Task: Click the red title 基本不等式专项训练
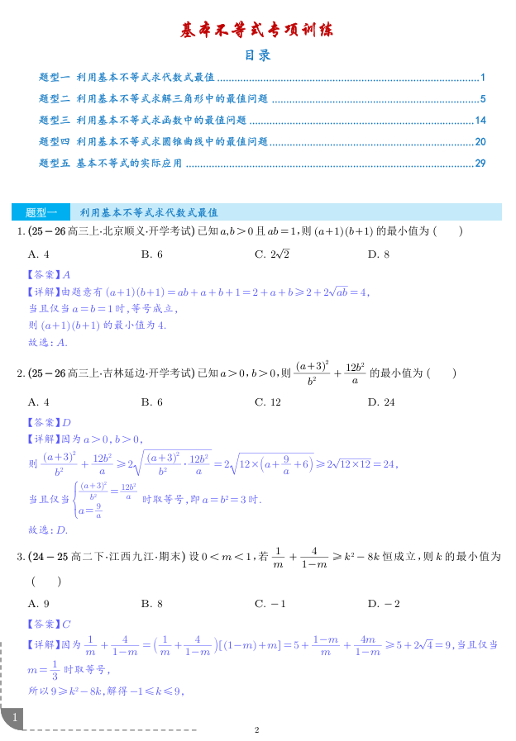[x=257, y=31]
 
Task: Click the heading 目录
[x=257, y=56]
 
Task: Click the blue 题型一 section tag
[x=41, y=212]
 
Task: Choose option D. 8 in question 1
[x=378, y=254]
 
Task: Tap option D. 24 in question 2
[x=381, y=402]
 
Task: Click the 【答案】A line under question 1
[x=49, y=274]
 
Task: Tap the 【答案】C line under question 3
[x=49, y=624]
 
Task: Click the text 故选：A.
[x=48, y=341]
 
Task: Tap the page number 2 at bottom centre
[x=257, y=730]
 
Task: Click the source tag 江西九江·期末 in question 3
[x=142, y=557]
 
